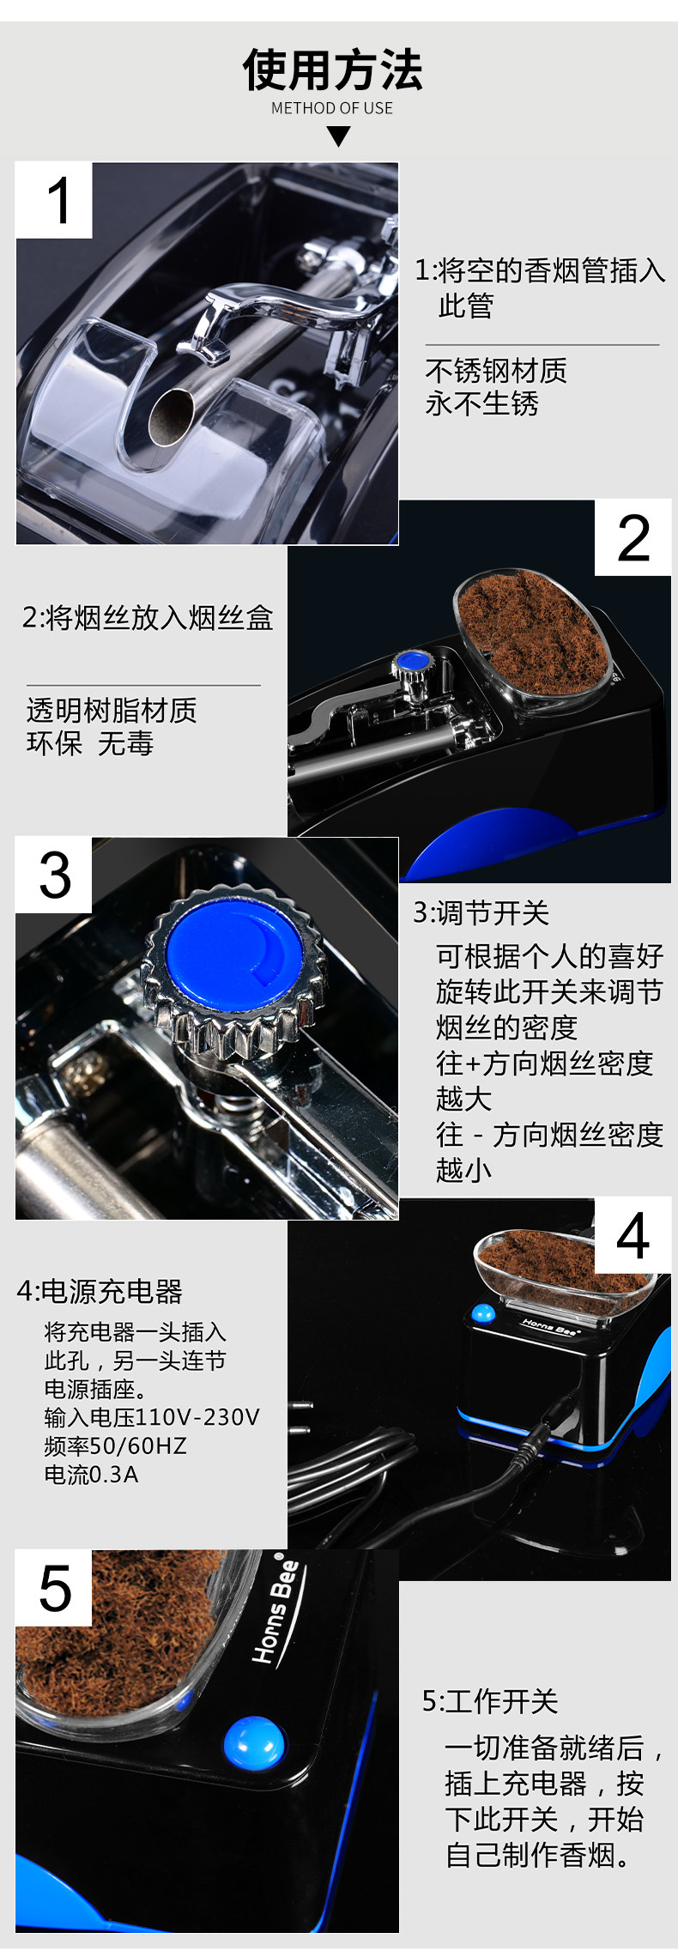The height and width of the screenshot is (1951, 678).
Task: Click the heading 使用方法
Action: click(x=333, y=70)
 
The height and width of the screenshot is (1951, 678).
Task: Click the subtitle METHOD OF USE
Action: click(x=332, y=108)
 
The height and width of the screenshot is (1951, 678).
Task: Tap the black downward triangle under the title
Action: click(x=339, y=136)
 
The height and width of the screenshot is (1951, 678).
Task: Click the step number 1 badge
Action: click(x=54, y=200)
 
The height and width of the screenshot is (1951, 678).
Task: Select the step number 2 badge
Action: click(x=633, y=538)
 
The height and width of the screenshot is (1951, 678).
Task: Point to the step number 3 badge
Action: click(x=54, y=876)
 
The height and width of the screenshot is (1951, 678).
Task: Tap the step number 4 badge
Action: click(x=633, y=1237)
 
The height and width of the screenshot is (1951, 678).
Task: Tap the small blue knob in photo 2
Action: click(x=413, y=661)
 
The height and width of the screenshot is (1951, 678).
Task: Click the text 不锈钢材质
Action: click(x=496, y=371)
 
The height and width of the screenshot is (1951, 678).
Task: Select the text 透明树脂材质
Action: click(x=112, y=710)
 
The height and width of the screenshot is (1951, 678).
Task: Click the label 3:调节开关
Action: click(x=481, y=912)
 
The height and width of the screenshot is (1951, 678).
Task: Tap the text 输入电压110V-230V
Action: click(x=152, y=1417)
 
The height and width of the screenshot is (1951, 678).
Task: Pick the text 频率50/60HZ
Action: click(x=116, y=1445)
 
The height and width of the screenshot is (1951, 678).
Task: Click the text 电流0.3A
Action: click(x=91, y=1475)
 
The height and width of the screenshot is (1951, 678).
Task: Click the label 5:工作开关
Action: click(x=490, y=1701)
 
